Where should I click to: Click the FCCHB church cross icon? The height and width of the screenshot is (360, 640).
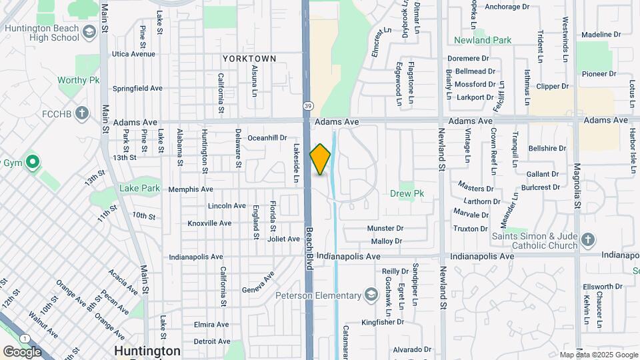click(x=81, y=111)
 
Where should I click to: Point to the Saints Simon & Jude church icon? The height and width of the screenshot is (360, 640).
click(x=587, y=239)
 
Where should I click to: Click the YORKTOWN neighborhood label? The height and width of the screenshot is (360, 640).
click(x=249, y=59)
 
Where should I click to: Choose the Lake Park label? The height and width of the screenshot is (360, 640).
click(x=140, y=188)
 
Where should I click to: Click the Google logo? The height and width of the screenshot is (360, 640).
click(x=22, y=351)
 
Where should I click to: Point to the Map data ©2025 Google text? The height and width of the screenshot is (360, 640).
click(x=598, y=355)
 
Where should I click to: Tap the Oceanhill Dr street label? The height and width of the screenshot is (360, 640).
click(x=267, y=138)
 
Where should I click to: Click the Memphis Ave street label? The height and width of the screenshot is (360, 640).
click(x=191, y=189)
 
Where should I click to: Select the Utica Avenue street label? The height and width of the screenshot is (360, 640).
click(x=133, y=54)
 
